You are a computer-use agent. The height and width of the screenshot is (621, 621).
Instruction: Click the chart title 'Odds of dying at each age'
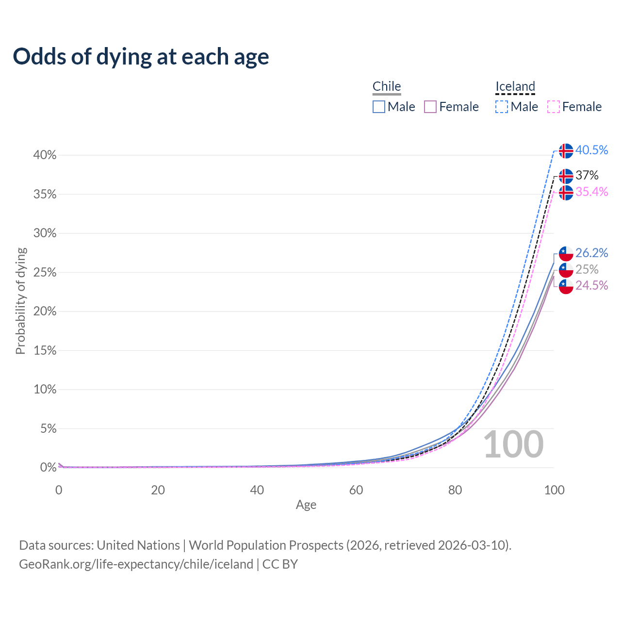click(141, 57)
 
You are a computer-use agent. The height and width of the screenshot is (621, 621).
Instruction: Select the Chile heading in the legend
click(387, 86)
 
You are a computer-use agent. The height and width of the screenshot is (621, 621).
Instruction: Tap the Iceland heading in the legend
click(515, 86)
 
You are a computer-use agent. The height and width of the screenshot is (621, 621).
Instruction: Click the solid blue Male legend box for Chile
click(379, 107)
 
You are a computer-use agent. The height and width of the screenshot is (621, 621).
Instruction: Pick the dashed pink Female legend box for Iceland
click(554, 107)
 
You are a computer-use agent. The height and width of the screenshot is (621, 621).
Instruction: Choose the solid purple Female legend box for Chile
click(430, 107)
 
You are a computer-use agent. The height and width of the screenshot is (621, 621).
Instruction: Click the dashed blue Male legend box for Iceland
click(502, 107)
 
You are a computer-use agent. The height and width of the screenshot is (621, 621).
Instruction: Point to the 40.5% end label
click(591, 150)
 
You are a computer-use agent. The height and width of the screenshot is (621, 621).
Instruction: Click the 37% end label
click(587, 175)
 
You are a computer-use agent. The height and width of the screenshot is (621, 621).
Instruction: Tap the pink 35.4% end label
click(591, 192)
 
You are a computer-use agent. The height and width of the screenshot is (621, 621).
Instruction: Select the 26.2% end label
click(591, 253)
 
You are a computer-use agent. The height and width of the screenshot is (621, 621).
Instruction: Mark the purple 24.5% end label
click(591, 285)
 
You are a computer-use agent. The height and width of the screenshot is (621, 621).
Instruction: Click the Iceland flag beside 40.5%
click(566, 151)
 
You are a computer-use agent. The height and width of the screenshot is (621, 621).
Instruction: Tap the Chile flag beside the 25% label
click(566, 270)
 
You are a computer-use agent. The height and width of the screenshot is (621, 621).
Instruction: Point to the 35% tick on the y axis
click(45, 195)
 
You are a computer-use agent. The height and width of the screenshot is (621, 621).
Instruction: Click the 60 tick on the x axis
click(356, 490)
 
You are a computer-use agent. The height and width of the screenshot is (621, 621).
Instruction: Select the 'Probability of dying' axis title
click(20, 301)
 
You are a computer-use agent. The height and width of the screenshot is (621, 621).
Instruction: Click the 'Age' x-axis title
click(306, 505)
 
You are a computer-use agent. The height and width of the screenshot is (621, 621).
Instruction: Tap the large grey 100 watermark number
click(513, 444)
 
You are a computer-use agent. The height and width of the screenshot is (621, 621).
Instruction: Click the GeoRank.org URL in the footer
click(136, 564)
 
